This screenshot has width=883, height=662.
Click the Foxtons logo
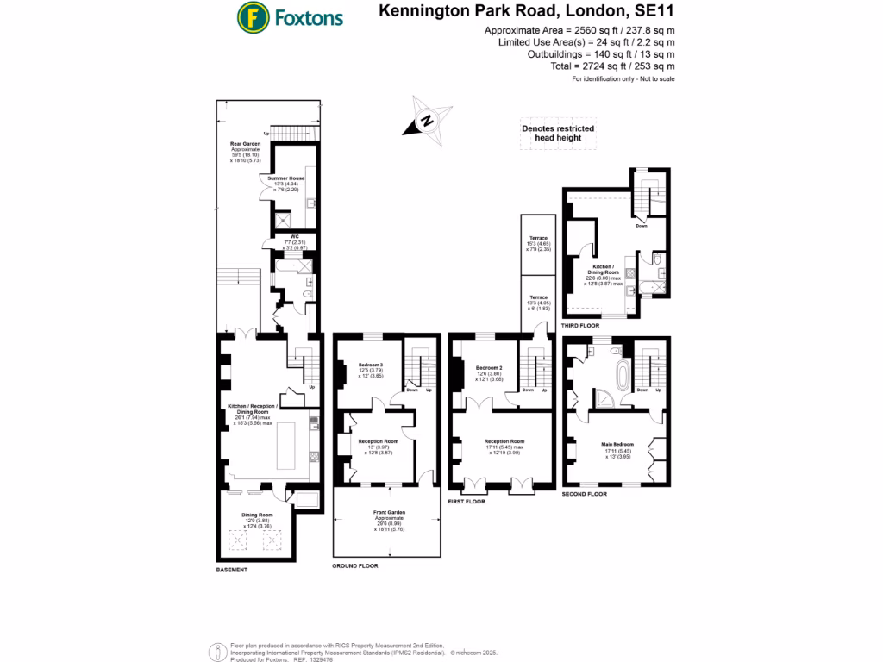coord(290,16)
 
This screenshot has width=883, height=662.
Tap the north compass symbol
coord(428,122)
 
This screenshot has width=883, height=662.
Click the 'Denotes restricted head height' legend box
coord(558,134)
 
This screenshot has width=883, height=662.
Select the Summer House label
coord(285,178)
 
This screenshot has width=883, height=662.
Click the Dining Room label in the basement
coord(260,515)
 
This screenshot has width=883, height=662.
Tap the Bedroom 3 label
coord(370,365)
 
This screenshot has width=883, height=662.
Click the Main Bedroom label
coord(617,445)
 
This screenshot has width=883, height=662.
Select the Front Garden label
coord(389,512)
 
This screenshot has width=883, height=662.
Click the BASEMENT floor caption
coord(231,570)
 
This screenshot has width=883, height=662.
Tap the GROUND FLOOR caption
coord(355,566)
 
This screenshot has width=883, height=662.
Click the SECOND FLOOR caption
coord(584,494)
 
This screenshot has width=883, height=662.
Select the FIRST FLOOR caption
coord(467,501)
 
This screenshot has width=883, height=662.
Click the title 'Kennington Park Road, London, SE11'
coord(527,12)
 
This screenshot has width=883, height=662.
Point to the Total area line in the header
coord(612,66)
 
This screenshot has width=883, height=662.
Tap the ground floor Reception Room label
coord(378,440)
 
